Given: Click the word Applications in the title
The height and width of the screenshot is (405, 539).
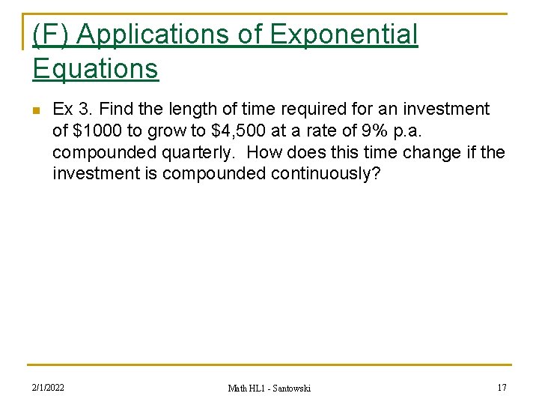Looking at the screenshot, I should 166,35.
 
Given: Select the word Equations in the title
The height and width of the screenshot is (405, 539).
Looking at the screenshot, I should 95,68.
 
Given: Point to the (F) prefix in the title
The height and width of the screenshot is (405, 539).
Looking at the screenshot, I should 51,35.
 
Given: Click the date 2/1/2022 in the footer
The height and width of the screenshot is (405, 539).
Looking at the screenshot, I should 48,387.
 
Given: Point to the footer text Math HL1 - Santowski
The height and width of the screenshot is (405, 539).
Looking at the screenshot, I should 269,388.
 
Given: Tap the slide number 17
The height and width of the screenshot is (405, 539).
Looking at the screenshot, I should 501,387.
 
